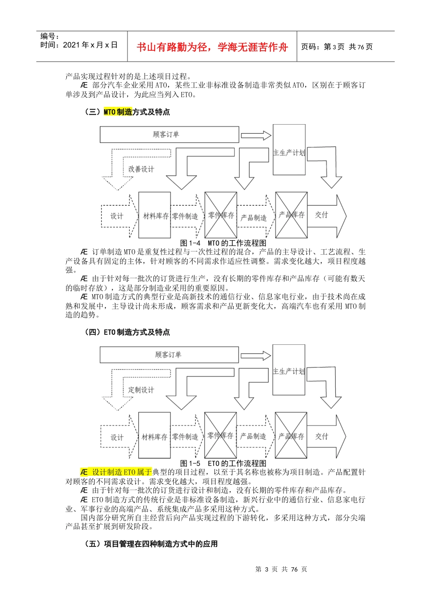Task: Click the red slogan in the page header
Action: click(212, 47)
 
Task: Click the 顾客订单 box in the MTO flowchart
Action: click(169, 135)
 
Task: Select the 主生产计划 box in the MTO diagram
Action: click(289, 150)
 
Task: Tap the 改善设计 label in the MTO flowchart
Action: click(141, 169)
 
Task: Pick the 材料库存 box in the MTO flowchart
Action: click(155, 216)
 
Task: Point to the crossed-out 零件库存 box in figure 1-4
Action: click(221, 215)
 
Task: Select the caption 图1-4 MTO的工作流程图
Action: click(223, 243)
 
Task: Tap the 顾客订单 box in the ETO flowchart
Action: click(169, 355)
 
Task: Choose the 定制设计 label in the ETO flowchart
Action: click(141, 390)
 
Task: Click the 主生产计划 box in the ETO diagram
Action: click(289, 370)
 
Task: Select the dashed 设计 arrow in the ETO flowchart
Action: click(118, 437)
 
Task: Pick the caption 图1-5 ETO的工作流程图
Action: click(223, 463)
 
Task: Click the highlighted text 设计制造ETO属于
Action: click(117, 472)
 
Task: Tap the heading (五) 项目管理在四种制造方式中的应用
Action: click(151, 544)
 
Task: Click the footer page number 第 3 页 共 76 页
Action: click(281, 569)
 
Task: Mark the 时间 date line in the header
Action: click(79, 45)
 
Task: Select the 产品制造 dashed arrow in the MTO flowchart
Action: click(255, 217)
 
